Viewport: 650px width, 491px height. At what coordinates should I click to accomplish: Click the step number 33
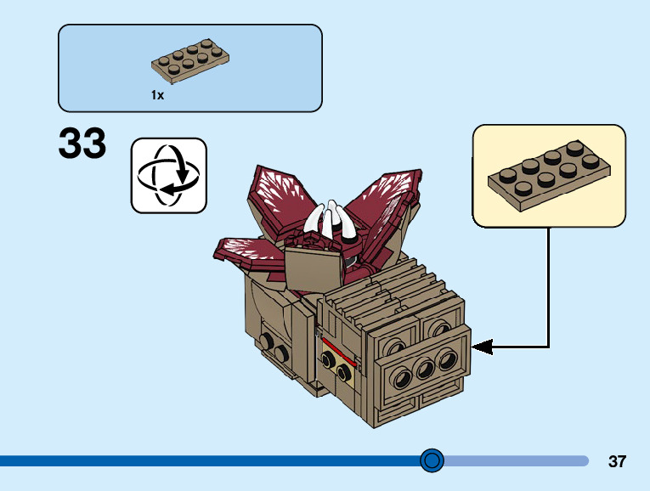click(82, 144)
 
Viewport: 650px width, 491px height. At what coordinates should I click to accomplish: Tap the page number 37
click(617, 462)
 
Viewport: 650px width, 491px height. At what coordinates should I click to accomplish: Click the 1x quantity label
click(157, 96)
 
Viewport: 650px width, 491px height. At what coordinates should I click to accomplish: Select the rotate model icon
click(168, 175)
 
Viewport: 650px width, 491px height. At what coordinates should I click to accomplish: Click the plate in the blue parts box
click(191, 64)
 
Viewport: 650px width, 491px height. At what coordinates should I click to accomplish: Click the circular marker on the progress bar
click(432, 460)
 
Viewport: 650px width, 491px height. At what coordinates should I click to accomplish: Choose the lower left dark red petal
click(246, 250)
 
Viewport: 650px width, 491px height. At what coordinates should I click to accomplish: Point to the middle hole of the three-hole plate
click(422, 367)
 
